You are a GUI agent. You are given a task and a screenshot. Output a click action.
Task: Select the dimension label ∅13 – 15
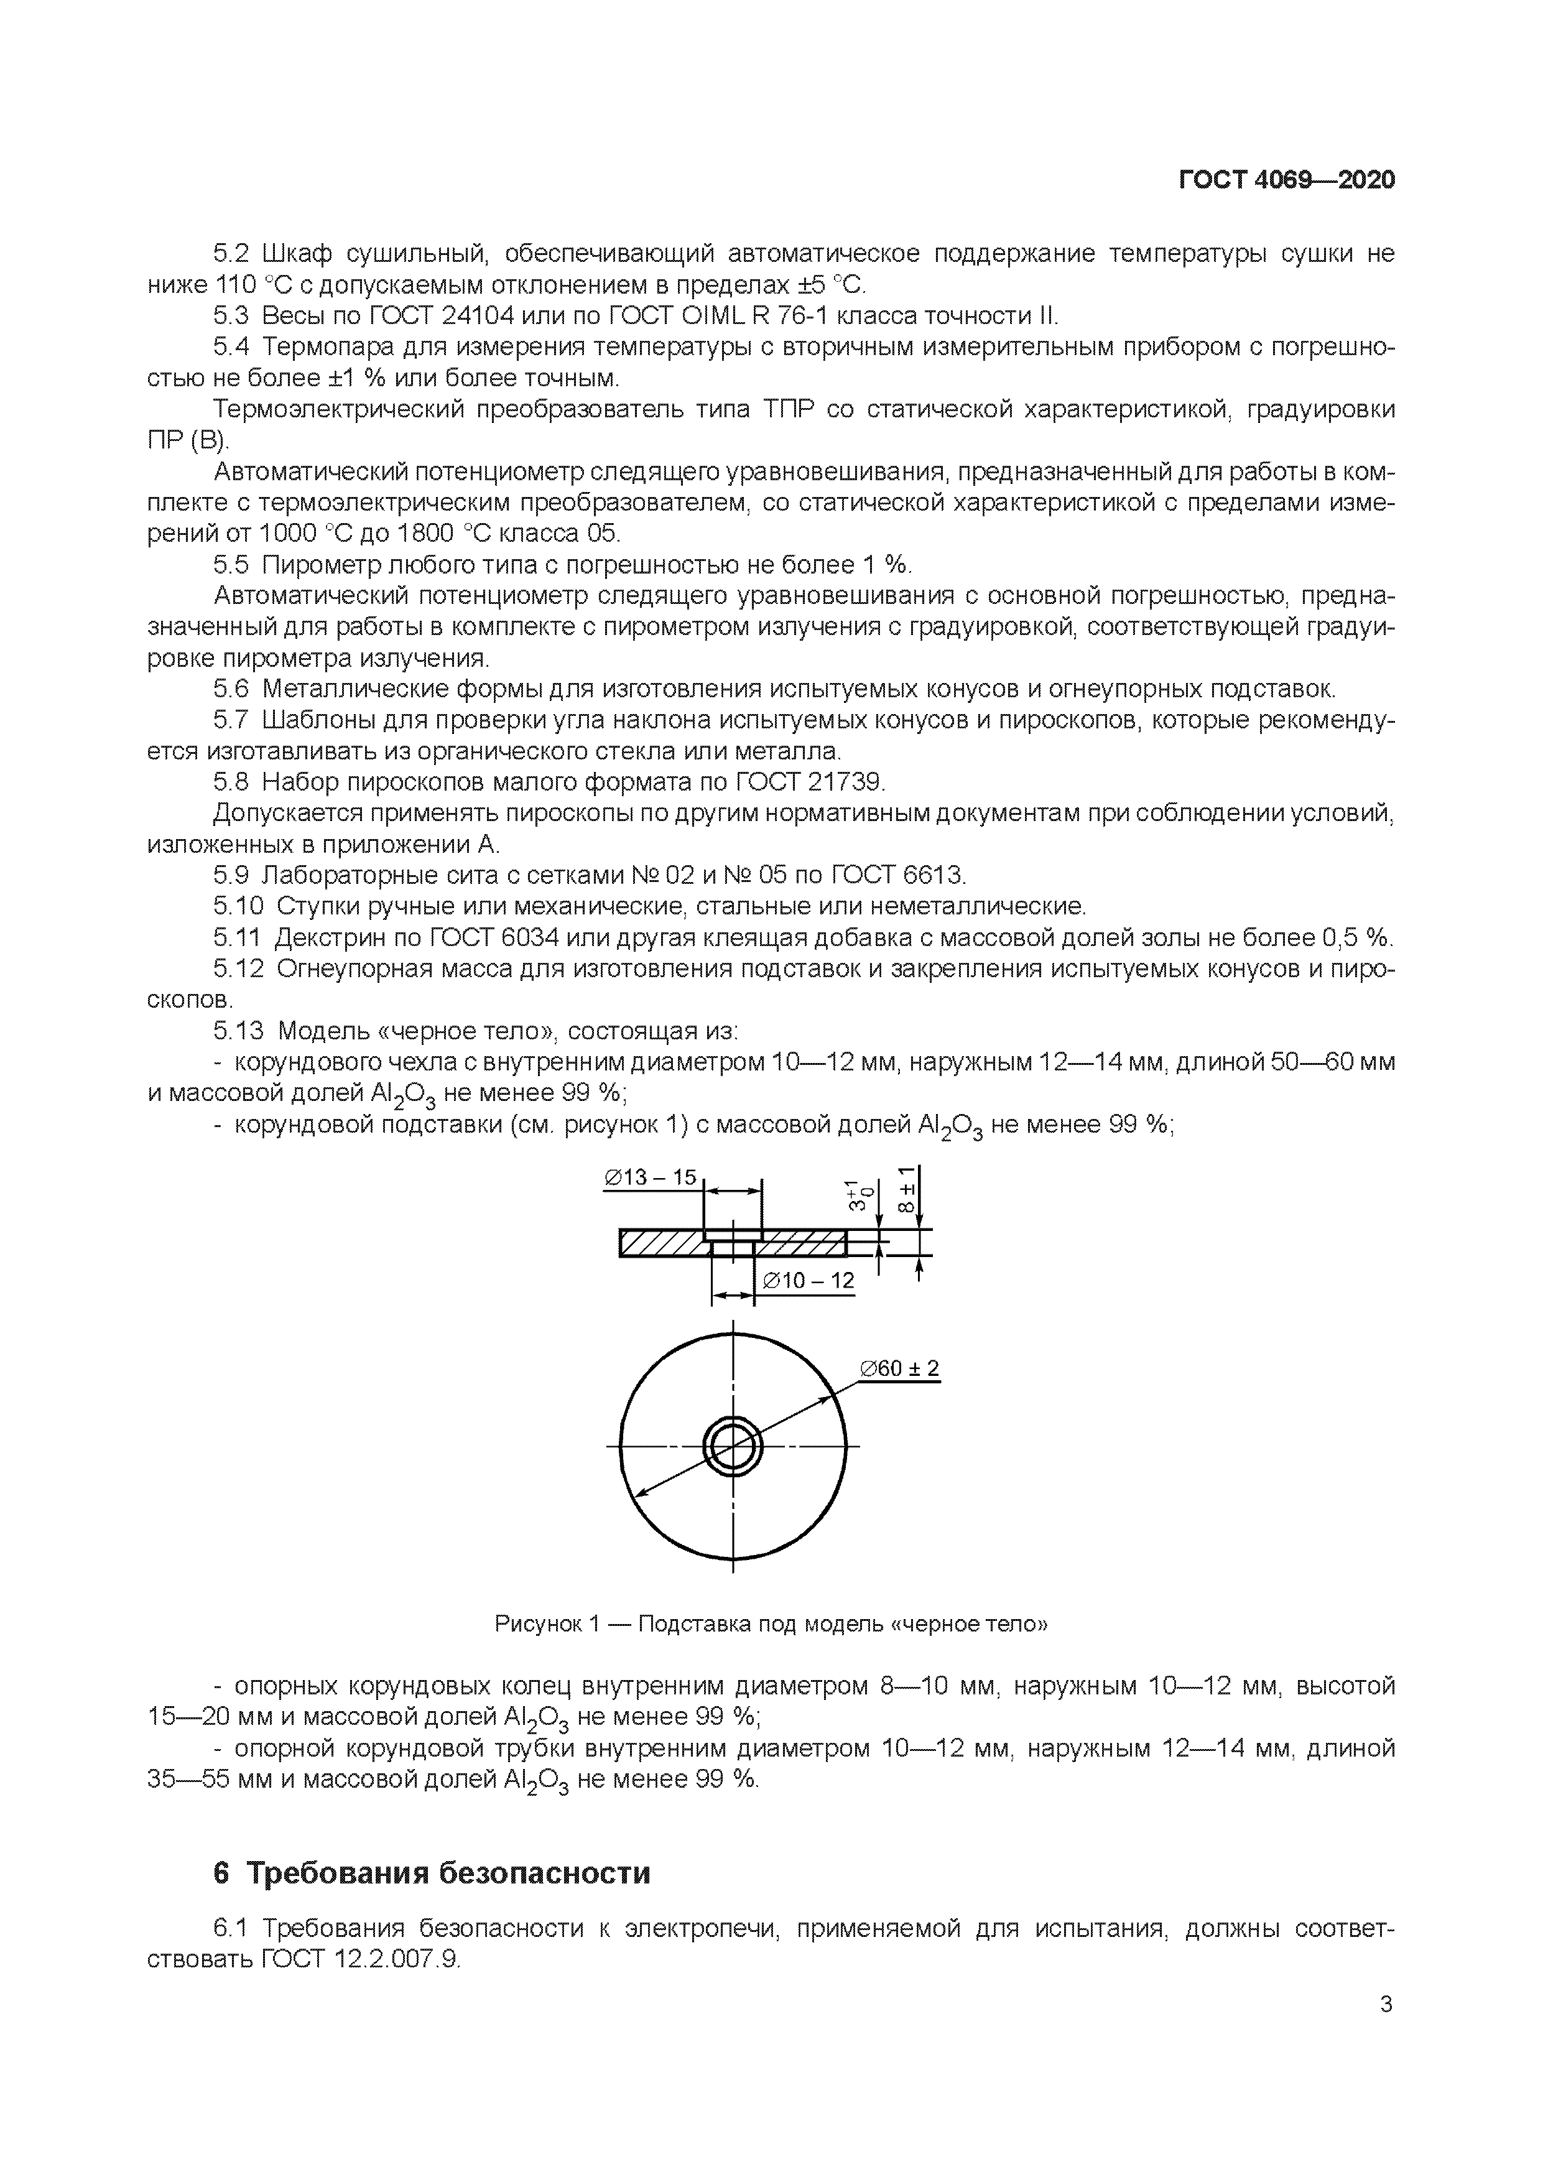[x=651, y=1177]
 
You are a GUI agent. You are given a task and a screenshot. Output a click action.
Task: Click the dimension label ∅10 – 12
[x=809, y=1281]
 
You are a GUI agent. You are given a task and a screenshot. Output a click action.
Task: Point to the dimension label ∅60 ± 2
[x=899, y=1368]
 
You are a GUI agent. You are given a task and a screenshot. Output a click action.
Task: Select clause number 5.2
[x=230, y=254]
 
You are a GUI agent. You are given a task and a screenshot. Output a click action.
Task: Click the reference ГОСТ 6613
[x=898, y=875]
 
